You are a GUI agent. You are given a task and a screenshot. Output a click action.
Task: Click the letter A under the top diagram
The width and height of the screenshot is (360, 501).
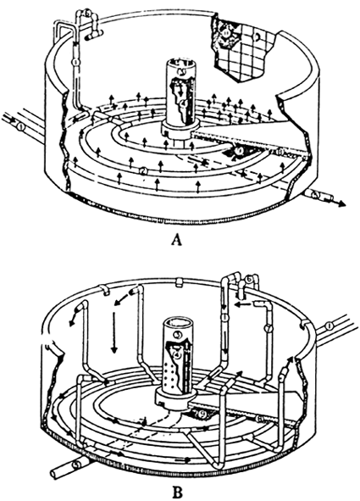click(x=176, y=240)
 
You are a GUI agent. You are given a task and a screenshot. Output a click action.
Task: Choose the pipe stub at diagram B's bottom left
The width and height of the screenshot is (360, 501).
click(x=59, y=465)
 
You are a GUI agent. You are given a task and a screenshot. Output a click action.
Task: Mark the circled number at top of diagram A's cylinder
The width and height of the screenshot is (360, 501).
click(x=180, y=61)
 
